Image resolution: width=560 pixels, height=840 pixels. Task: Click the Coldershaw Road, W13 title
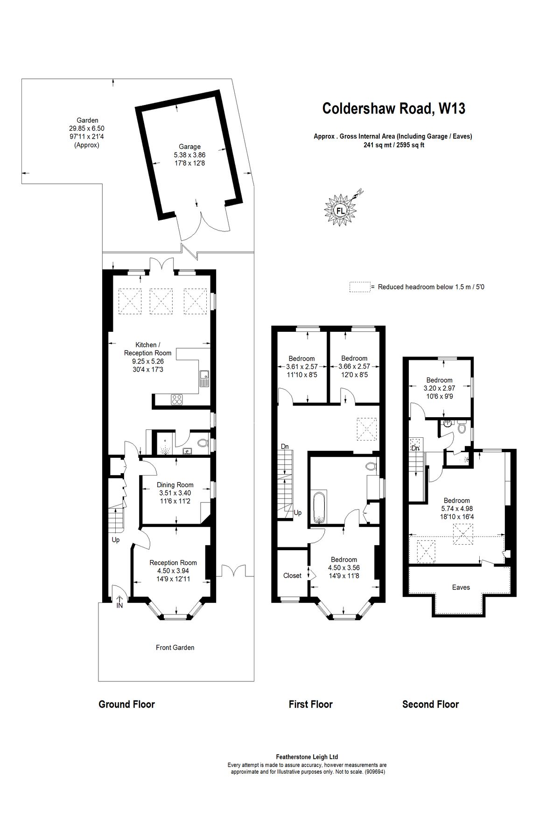tap(394, 109)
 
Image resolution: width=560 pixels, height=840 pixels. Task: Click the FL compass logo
tap(341, 210)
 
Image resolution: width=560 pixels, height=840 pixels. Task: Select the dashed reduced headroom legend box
tap(359, 287)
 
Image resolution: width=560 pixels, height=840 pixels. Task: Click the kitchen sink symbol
tap(204, 378)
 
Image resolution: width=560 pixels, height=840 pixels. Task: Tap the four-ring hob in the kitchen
tap(177, 399)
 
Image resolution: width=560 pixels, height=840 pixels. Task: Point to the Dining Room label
tap(175, 485)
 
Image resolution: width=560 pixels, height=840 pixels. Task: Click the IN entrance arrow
tap(119, 602)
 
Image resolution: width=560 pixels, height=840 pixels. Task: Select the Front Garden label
tap(175, 647)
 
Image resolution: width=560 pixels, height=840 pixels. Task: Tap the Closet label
tap(292, 575)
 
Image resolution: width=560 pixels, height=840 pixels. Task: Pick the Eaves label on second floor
tap(461, 587)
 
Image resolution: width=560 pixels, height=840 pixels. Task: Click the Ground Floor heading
tap(126, 704)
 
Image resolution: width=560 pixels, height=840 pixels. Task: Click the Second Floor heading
tap(430, 704)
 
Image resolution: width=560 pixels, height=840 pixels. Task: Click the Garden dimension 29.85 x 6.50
tap(87, 128)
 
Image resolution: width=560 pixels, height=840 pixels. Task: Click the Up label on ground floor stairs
tap(116, 540)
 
